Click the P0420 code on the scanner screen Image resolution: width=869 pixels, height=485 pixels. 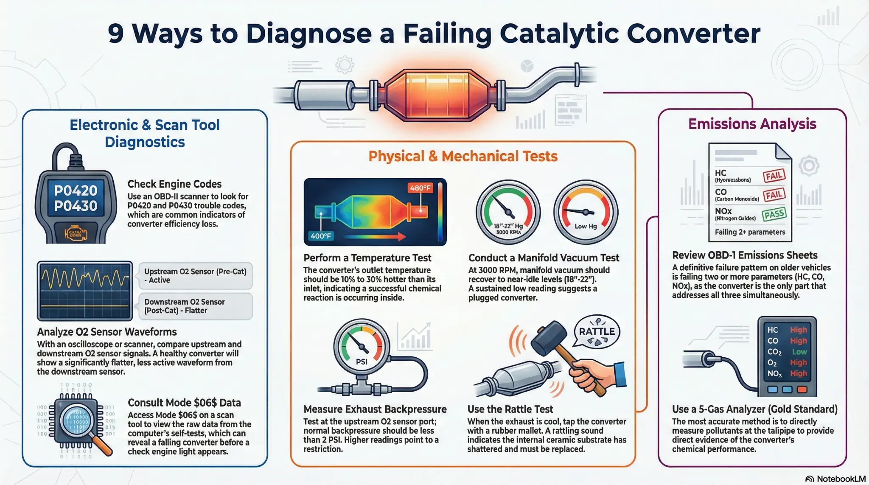(x=76, y=191)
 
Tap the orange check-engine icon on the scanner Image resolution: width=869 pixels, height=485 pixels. (x=76, y=233)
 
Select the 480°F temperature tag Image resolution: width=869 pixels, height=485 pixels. (x=420, y=188)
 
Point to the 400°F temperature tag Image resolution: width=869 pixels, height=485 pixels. (x=321, y=236)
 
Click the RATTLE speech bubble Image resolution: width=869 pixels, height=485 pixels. (x=597, y=332)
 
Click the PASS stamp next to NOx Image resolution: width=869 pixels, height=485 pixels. (x=774, y=214)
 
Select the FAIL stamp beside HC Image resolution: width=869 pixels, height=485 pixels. (x=774, y=176)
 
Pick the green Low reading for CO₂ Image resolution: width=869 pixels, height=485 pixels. (x=799, y=352)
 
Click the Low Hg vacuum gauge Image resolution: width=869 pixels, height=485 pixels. (x=586, y=213)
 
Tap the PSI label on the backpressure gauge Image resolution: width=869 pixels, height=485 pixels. (x=362, y=362)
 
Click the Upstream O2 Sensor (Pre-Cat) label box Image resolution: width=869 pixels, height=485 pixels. (x=195, y=276)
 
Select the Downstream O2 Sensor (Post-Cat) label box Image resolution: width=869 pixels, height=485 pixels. (x=195, y=306)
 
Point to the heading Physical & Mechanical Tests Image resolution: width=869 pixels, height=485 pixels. (x=463, y=156)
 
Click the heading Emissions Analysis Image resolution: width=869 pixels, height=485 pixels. (x=752, y=124)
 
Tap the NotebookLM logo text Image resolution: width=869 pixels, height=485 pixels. (x=841, y=479)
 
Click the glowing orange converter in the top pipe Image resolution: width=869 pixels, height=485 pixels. (x=437, y=94)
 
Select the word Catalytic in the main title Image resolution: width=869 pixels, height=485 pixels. (x=559, y=34)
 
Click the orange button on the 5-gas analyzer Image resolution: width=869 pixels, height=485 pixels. (x=802, y=389)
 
